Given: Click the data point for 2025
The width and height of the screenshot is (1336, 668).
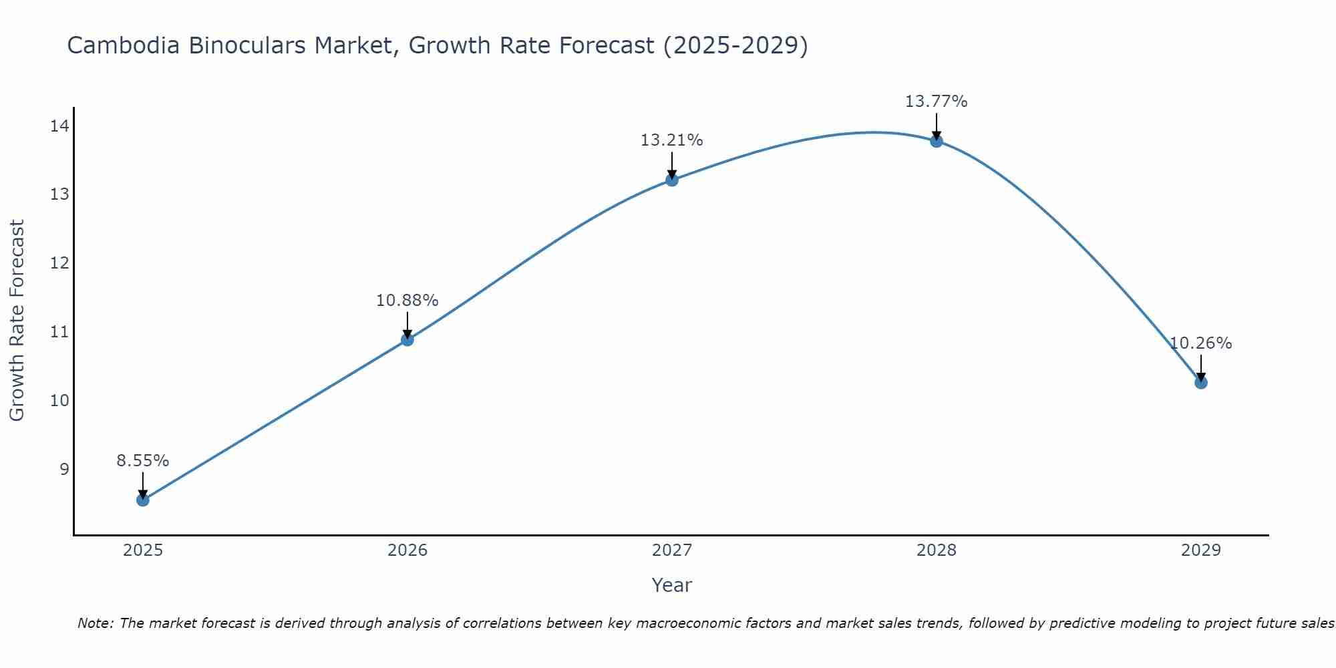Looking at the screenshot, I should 143,500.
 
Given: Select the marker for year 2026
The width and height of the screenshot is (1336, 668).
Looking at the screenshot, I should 407,339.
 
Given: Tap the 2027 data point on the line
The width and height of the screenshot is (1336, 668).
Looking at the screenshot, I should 672,180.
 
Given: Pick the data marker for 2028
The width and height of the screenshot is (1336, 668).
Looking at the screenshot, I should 937,141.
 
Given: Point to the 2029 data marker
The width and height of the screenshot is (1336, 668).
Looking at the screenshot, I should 1201,382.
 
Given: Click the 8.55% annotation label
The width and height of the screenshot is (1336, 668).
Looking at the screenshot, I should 143,461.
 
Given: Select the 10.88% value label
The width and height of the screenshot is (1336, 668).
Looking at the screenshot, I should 407,301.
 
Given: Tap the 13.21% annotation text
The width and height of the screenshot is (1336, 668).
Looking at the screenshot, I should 672,140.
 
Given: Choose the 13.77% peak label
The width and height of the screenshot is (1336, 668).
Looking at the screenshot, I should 937,102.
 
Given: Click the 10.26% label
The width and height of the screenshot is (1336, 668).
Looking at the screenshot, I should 1201,343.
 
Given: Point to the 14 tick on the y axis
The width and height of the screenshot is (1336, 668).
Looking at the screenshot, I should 59,126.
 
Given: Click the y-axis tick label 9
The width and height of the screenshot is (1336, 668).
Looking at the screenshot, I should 64,469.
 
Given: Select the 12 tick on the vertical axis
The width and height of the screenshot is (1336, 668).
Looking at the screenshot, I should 59,263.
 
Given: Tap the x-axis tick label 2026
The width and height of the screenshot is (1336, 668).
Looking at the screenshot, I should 407,550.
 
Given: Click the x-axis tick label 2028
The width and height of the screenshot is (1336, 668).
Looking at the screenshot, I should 937,550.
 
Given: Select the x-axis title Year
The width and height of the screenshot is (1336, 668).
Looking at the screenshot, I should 672,585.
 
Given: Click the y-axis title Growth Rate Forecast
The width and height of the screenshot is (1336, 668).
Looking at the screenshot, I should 17,320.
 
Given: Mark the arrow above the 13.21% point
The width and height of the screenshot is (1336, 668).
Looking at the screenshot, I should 672,165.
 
